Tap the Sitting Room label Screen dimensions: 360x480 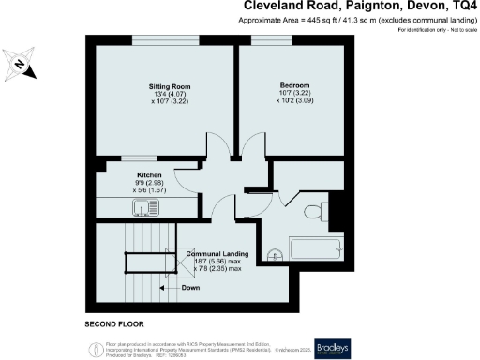[164, 82]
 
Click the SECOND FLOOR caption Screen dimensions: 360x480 [113, 323]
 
